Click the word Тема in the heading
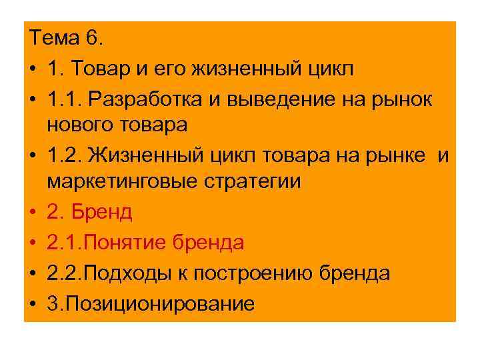point(55,39)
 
